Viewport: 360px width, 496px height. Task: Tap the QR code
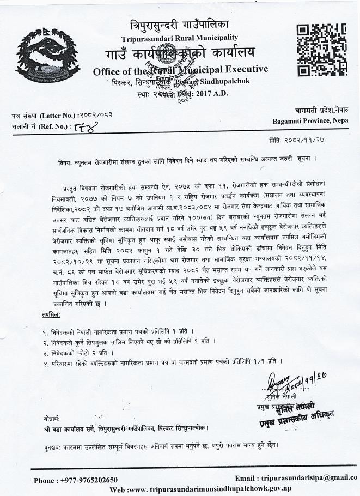pyautogui.click(x=321, y=50)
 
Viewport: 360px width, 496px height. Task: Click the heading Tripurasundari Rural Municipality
pyautogui.click(x=179, y=37)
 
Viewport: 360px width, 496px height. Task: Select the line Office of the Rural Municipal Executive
pyautogui.click(x=180, y=70)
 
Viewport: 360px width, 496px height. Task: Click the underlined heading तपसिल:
pyautogui.click(x=52, y=315)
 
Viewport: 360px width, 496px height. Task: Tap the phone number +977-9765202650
pyautogui.click(x=76, y=480)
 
